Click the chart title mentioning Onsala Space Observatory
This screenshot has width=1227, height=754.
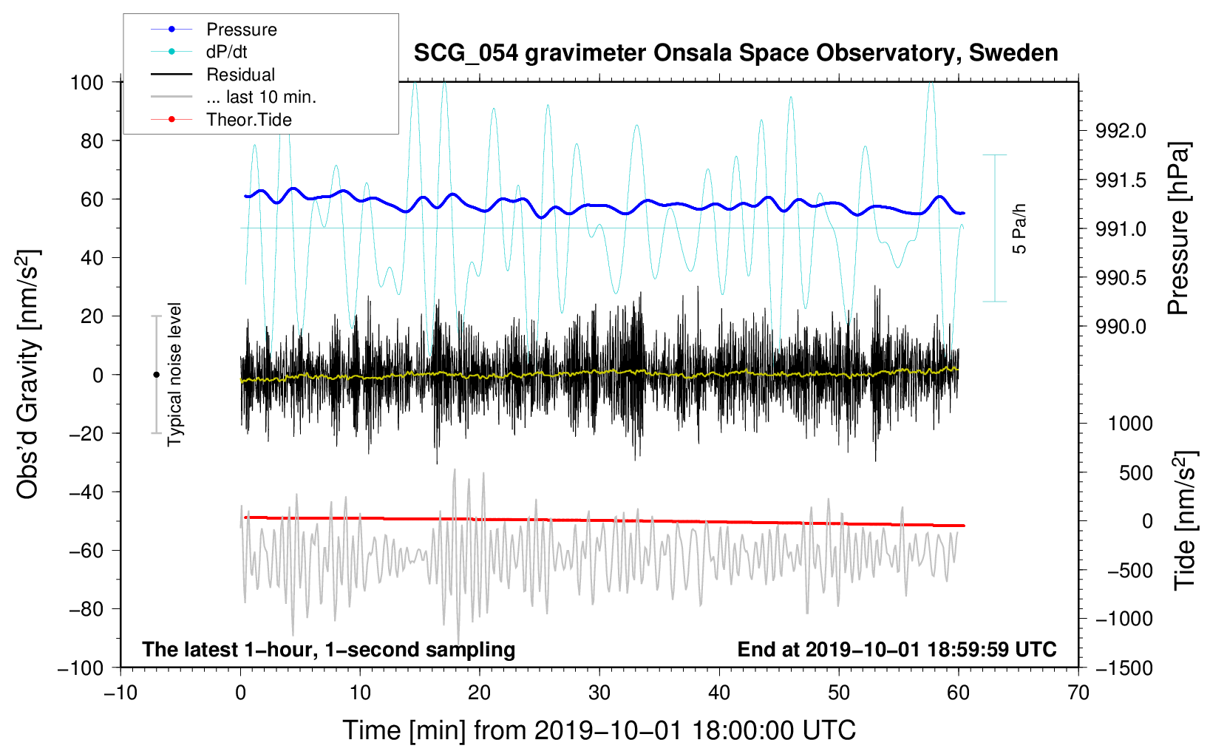coord(735,53)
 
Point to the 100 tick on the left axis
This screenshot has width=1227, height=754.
coord(86,82)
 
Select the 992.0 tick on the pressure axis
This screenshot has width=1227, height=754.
coord(1121,131)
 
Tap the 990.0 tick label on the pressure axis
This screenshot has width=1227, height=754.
coord(1121,327)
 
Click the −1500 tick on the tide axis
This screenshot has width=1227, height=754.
coord(1124,668)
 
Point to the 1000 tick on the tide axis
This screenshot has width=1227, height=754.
coord(1130,424)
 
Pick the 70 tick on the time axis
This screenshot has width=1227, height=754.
coord(1078,693)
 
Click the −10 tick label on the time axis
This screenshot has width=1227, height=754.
coord(120,693)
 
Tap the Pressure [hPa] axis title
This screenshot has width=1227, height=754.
coord(1179,229)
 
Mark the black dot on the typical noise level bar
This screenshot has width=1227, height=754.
coord(156,375)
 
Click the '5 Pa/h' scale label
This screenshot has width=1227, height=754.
coord(1020,228)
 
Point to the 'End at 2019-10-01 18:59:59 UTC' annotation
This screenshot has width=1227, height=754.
coord(897,649)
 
